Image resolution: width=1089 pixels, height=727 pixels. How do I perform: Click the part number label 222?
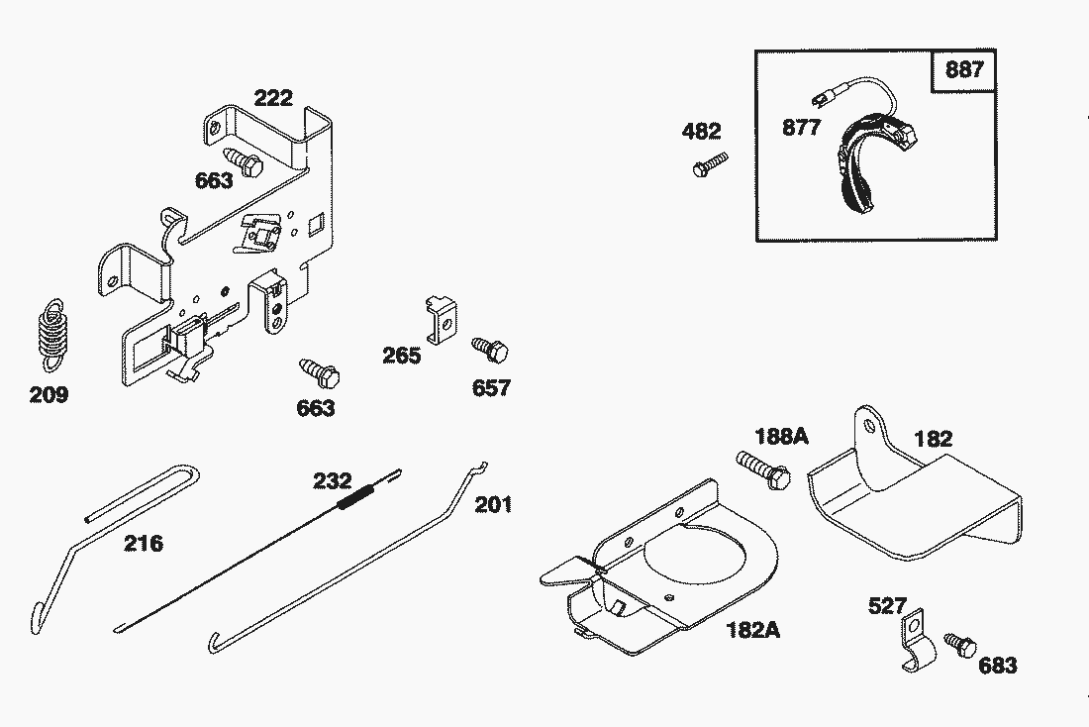pos(273,98)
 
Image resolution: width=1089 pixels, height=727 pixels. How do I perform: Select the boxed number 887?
pos(964,69)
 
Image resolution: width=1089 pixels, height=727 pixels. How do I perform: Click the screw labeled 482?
pos(711,164)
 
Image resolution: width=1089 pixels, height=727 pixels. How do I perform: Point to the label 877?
pos(802,127)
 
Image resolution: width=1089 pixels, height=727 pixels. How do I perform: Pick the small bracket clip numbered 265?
pos(441,319)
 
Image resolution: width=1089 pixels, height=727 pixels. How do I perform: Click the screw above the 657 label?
pos(490,349)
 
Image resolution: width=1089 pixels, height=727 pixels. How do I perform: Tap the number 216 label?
pos(144,543)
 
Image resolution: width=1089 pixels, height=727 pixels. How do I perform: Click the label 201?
pos(493,504)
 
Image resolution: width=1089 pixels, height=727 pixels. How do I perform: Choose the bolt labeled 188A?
pos(763,469)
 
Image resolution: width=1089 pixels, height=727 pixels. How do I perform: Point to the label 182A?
pos(752,630)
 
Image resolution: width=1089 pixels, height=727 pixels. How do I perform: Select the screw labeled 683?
pos(960,645)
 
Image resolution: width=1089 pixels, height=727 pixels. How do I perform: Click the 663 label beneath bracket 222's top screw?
pos(214,180)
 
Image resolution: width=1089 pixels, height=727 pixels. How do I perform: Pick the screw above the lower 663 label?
pos(320,372)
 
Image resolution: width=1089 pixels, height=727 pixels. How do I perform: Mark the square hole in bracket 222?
pos(316,223)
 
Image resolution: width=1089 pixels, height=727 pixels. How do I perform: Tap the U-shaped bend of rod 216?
pos(189,476)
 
